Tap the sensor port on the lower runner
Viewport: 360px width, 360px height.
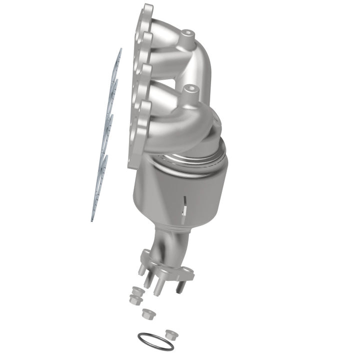click(x=189, y=90)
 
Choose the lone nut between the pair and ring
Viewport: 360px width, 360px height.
click(x=147, y=313)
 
